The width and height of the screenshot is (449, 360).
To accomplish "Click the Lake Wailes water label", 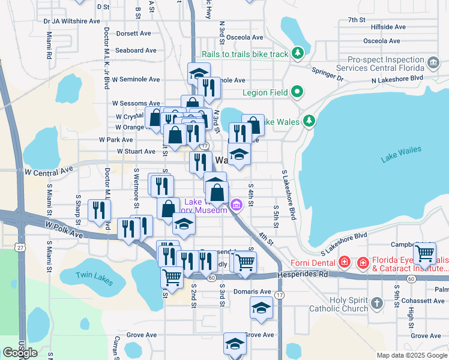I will (401, 154).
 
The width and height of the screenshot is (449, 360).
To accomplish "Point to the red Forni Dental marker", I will (345, 262).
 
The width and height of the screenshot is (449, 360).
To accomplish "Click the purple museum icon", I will (237, 206).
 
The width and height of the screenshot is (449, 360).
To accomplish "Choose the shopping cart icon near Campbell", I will (424, 253).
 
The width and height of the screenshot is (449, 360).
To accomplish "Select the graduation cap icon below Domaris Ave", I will (261, 308).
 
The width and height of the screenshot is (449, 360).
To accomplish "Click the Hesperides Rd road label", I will (303, 274).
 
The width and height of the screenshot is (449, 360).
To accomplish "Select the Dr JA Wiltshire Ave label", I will (72, 21).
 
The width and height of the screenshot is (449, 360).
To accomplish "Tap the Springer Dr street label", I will (327, 74).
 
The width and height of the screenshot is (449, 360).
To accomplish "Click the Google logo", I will (20, 352).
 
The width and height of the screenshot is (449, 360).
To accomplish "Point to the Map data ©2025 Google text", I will (411, 355).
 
